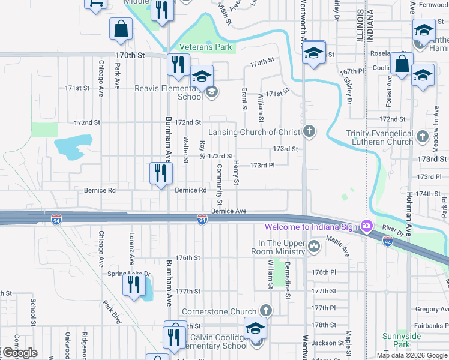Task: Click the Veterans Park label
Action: point(205,47)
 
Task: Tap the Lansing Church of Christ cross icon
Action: point(309,131)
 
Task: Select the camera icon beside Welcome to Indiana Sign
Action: point(366,226)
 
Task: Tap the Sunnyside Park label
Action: point(397,341)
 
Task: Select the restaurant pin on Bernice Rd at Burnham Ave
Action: point(161,174)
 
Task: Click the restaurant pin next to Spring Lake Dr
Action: point(133,284)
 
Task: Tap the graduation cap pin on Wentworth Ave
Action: point(313,53)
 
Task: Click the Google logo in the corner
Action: point(19,353)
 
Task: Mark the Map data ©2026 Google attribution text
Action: point(411,355)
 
